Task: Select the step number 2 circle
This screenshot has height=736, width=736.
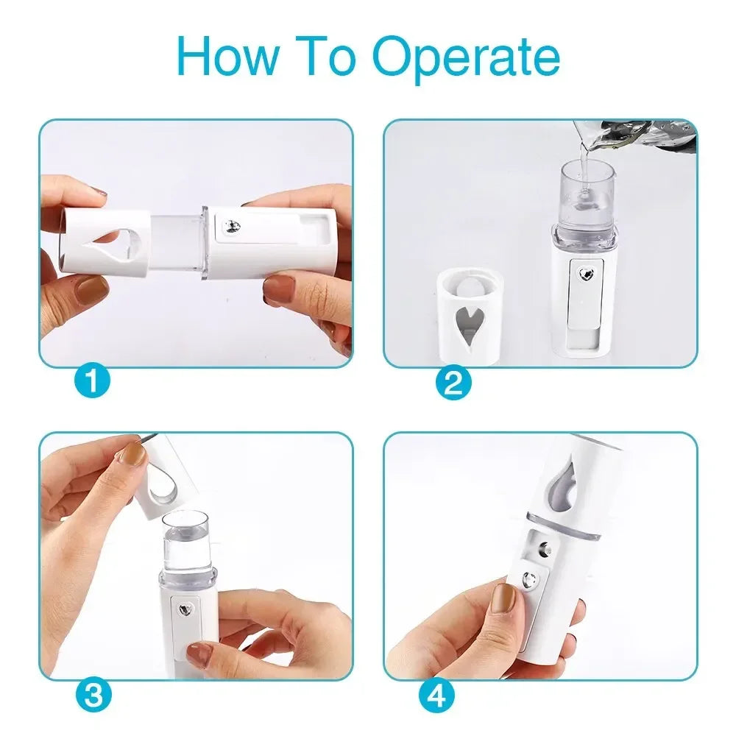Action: (x=453, y=381)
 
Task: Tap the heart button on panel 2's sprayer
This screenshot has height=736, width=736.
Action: (x=585, y=275)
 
